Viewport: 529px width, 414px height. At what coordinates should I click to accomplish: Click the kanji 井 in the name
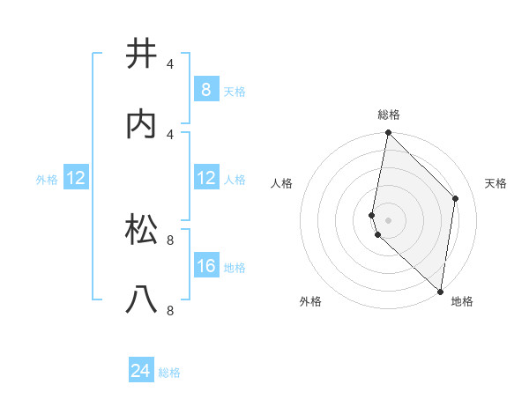pos(141,55)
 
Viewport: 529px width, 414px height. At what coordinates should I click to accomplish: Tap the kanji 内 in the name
pos(141,124)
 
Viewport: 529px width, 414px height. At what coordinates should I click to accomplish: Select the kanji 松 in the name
pos(141,229)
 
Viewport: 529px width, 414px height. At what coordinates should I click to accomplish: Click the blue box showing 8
pos(205,90)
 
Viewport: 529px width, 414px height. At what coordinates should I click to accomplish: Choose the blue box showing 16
pos(205,266)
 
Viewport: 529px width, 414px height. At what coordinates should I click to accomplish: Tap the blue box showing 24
pos(141,371)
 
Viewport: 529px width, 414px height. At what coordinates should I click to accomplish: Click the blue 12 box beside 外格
pos(76,178)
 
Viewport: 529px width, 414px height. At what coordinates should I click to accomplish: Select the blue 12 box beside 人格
pos(205,178)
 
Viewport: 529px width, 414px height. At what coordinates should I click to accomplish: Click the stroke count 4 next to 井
pos(170,63)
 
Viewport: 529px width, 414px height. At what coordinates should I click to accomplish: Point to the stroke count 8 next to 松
pos(170,239)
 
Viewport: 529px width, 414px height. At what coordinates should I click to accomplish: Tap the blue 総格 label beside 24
pos(169,373)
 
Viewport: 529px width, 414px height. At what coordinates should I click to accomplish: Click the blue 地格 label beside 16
pos(235,268)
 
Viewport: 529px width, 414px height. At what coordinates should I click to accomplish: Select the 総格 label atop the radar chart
pos(389,115)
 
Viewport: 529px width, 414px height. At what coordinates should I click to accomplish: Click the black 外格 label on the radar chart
pos(310,302)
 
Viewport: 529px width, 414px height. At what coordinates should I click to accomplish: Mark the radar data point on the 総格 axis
pos(388,133)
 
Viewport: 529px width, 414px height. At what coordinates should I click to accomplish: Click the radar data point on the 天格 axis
pos(456,198)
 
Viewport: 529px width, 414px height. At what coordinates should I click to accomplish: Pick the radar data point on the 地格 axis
pos(441,291)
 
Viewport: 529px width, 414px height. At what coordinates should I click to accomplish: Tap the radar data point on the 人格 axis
pos(372,215)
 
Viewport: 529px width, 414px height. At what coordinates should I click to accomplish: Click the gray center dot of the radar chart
pos(388,219)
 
